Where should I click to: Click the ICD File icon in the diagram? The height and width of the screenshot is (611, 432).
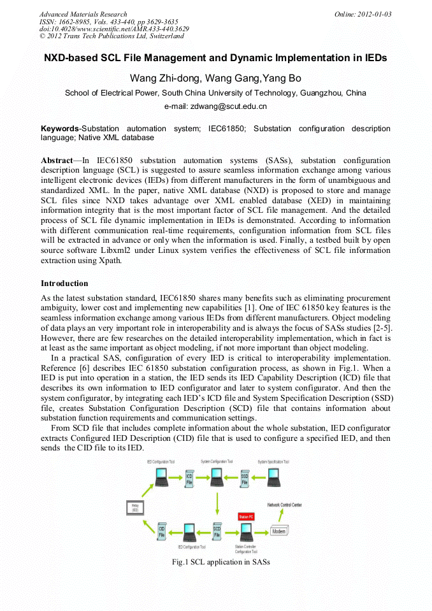(x=189, y=478)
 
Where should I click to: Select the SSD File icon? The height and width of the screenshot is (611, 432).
(x=245, y=478)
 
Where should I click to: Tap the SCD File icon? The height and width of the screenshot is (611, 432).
(x=217, y=531)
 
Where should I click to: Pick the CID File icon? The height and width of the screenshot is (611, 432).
(x=162, y=531)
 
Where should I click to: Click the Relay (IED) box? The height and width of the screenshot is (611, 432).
(x=135, y=508)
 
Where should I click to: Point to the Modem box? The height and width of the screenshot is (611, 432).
(x=279, y=531)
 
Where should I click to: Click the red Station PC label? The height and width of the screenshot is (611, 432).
(x=245, y=516)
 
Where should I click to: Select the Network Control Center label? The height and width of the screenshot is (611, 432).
(x=284, y=505)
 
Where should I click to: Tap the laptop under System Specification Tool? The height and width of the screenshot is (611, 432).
(x=273, y=476)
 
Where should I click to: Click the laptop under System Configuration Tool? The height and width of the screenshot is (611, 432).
(x=217, y=476)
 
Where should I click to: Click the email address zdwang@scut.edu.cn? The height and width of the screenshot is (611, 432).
(x=215, y=106)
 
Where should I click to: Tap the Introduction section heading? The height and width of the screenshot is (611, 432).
(x=64, y=283)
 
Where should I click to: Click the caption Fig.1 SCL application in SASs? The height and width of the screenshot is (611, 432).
(x=221, y=562)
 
